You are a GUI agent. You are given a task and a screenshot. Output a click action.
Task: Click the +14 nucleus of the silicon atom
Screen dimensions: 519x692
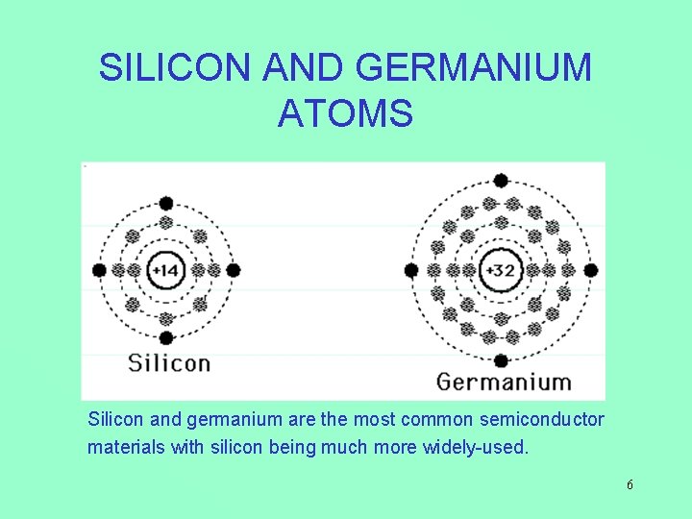tap(165, 271)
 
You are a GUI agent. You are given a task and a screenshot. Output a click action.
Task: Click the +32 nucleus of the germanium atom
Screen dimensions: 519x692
tap(501, 271)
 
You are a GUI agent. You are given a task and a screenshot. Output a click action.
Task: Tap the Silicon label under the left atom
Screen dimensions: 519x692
tap(169, 363)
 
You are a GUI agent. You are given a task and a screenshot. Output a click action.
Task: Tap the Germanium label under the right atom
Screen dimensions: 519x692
tap(504, 382)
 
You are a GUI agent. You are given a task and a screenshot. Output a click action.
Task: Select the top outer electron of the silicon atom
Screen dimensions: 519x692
tap(165, 203)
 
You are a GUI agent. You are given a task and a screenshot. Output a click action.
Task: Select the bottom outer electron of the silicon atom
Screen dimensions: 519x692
tap(165, 338)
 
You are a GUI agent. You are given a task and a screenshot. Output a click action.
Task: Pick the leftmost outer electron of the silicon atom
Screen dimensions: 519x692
tap(99, 271)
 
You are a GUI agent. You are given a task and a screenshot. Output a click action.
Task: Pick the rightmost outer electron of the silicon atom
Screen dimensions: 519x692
tap(233, 271)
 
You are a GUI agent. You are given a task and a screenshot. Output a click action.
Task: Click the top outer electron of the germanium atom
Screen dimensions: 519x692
tap(501, 180)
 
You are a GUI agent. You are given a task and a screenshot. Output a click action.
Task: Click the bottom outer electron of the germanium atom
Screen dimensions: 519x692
tap(501, 360)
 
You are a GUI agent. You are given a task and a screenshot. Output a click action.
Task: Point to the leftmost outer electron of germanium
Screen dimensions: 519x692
tap(411, 271)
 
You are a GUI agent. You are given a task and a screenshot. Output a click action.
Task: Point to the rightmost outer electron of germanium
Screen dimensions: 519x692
tap(591, 271)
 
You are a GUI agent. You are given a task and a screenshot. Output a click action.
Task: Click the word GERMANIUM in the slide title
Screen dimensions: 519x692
tap(474, 68)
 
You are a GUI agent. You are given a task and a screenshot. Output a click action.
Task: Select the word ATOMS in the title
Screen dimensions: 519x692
tap(346, 112)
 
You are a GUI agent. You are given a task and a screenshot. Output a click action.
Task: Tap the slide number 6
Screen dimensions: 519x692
tap(630, 485)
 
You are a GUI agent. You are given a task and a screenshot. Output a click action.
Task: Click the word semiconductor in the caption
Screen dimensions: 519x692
tap(546, 420)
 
